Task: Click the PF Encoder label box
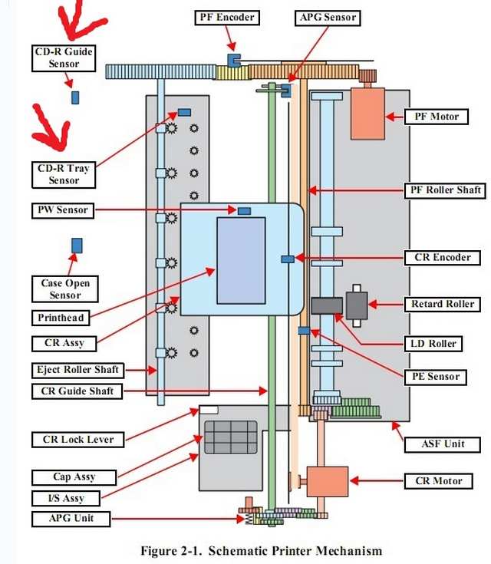click(227, 18)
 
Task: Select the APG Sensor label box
click(328, 18)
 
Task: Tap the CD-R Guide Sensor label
click(64, 58)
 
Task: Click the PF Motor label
click(437, 117)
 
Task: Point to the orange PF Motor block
click(367, 114)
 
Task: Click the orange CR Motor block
click(328, 482)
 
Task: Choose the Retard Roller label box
click(443, 305)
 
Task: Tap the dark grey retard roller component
click(357, 305)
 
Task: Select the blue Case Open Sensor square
click(77, 246)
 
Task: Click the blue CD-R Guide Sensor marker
click(75, 97)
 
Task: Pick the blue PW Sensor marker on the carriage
click(244, 211)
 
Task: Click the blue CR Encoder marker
click(288, 259)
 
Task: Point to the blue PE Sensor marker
click(304, 331)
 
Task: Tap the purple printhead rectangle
click(241, 261)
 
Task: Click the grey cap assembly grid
click(231, 437)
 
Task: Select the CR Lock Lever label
click(78, 440)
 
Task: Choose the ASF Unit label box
click(443, 444)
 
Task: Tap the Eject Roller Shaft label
click(77, 370)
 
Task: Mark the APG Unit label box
click(71, 519)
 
